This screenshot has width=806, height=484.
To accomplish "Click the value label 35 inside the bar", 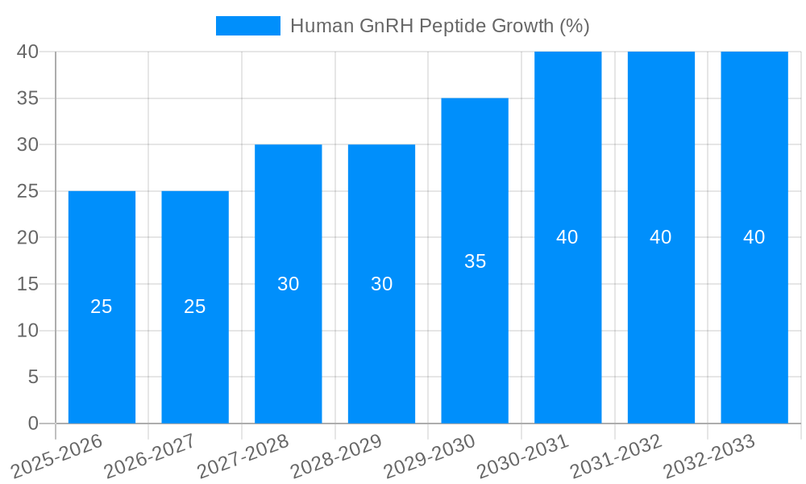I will pyautogui.click(x=476, y=261).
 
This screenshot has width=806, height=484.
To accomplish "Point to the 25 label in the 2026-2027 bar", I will pyautogui.click(x=195, y=307).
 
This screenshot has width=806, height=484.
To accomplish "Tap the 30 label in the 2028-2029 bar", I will pyautogui.click(x=382, y=284).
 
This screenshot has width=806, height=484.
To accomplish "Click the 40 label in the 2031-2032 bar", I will pyautogui.click(x=661, y=237).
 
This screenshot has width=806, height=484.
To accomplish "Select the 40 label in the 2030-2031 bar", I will pyautogui.click(x=567, y=237).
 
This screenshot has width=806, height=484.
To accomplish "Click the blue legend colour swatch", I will pyautogui.click(x=248, y=26).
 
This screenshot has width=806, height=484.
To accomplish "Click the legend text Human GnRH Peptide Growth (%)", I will pyautogui.click(x=440, y=26).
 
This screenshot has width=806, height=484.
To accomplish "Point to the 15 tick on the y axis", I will pyautogui.click(x=28, y=284).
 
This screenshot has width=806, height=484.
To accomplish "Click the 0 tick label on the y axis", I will pyautogui.click(x=33, y=423).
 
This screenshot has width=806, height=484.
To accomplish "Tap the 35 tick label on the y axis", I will pyautogui.click(x=28, y=98).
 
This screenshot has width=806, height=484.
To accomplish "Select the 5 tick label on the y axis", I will pyautogui.click(x=33, y=377).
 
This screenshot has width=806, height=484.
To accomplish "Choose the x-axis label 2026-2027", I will pyautogui.click(x=150, y=456).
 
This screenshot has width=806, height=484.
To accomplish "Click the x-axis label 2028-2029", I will pyautogui.click(x=335, y=456).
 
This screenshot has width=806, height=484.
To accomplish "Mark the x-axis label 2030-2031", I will pyautogui.click(x=522, y=456).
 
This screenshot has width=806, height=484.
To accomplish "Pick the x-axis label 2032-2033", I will pyautogui.click(x=709, y=456).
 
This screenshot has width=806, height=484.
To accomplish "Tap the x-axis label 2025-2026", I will pyautogui.click(x=56, y=456).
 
